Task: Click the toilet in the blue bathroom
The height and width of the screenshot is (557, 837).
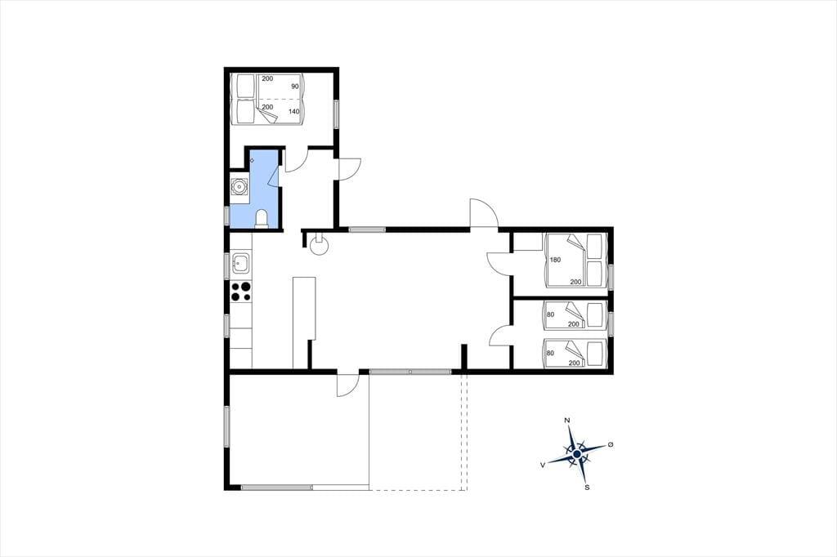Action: point(262,219)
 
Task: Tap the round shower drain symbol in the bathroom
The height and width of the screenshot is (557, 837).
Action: point(252,160)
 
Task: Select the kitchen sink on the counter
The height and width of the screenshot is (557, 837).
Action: point(241,264)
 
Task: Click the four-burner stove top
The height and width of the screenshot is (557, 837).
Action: point(241,292)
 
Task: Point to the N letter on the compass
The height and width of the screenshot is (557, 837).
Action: point(567,421)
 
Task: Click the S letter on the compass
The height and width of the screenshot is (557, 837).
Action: point(587,487)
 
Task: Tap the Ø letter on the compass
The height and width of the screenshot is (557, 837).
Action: point(611,444)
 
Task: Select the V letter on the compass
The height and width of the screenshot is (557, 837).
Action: point(543,466)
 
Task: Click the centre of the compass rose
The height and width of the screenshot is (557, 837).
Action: point(577,454)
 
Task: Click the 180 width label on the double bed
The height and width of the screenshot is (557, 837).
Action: point(555,260)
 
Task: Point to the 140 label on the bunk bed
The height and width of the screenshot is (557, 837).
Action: point(293,112)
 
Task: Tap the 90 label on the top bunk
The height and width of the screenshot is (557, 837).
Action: point(294,87)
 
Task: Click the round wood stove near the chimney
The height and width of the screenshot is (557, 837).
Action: point(320,247)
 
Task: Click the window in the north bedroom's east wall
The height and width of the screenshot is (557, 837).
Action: point(336,114)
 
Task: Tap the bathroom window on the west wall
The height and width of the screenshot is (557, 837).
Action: point(227,215)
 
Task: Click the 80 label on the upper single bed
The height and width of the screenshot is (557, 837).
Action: point(550,314)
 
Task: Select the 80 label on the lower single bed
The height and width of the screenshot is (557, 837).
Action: point(550,353)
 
